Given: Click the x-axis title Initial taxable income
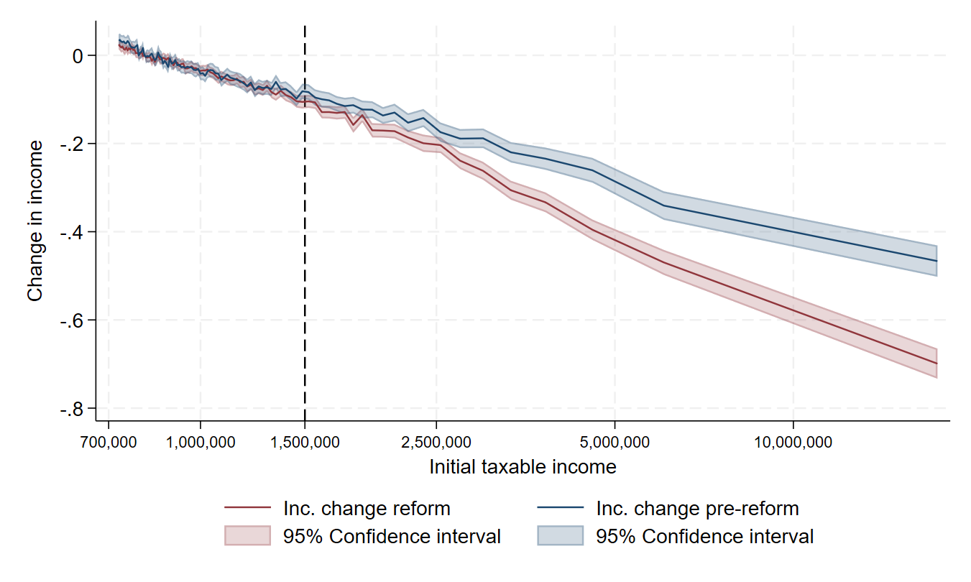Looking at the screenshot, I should coord(523,467).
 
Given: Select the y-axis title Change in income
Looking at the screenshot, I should coord(34,221).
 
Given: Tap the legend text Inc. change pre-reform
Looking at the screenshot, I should coord(697,509).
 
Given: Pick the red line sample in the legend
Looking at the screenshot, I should coord(247,509).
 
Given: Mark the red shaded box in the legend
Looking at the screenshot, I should coord(247,536).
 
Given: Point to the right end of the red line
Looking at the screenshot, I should coord(937,363).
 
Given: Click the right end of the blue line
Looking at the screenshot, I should coord(937,261).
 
